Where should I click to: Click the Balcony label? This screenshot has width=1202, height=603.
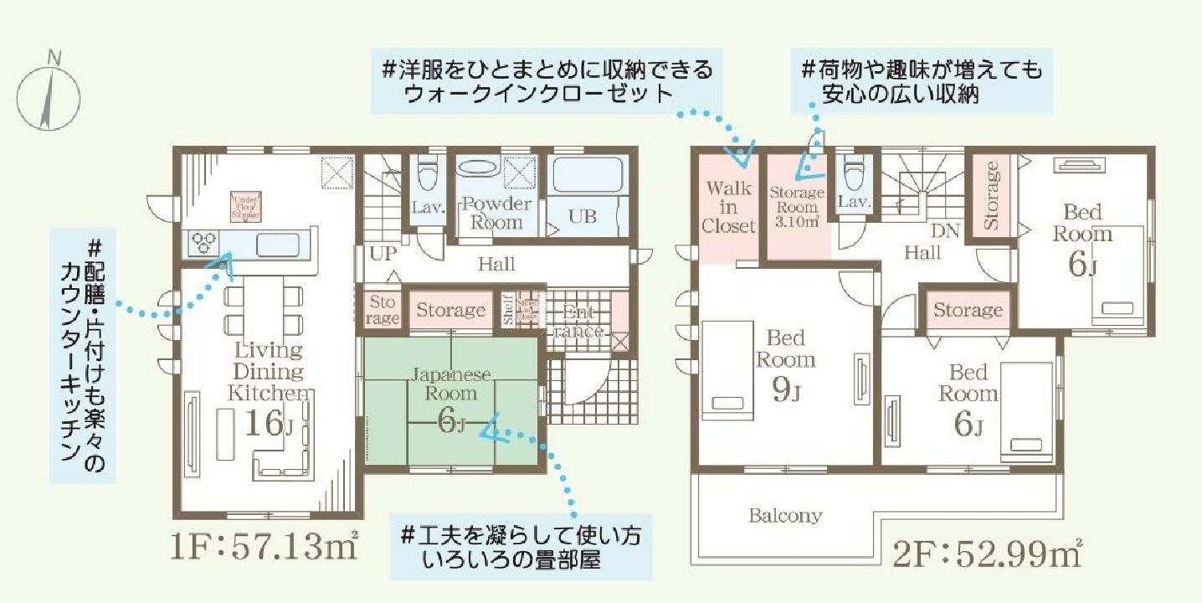tap(784, 516)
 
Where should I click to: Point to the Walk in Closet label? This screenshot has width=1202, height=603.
tap(728, 207)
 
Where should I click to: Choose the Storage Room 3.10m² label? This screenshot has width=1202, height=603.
tap(796, 205)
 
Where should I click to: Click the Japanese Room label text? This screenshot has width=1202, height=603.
tap(451, 384)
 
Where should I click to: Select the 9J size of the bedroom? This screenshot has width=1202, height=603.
tap(784, 391)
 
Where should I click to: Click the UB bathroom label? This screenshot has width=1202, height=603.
tap(583, 216)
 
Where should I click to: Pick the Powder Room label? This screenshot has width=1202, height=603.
tap(497, 214)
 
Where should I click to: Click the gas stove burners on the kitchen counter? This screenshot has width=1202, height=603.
tap(203, 243)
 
